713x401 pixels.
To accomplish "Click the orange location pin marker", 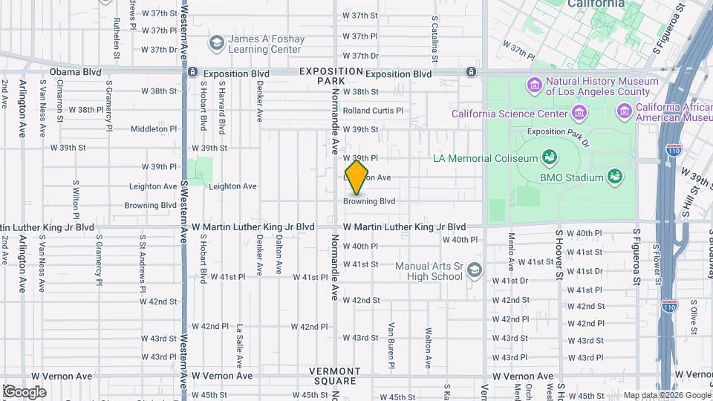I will tap(356, 177).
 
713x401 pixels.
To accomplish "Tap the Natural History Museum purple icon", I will tap(534, 86).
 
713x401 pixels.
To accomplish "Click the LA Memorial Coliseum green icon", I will tap(550, 157).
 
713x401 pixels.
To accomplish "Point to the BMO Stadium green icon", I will tap(614, 177).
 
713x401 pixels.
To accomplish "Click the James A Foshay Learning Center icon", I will tap(217, 44).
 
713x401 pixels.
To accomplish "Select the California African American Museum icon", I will tap(625, 112).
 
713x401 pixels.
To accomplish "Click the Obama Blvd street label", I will tap(75, 73).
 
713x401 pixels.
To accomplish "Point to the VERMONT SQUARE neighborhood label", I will tap(334, 376).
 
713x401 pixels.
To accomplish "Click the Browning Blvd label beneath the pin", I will tap(369, 201).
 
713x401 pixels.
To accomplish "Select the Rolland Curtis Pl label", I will tap(373, 111).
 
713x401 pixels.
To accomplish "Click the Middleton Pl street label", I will tap(154, 128).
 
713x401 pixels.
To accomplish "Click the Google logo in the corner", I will tap(25, 392).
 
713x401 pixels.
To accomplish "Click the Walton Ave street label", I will tap(429, 348).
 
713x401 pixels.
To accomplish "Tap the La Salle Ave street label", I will tap(240, 345).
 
